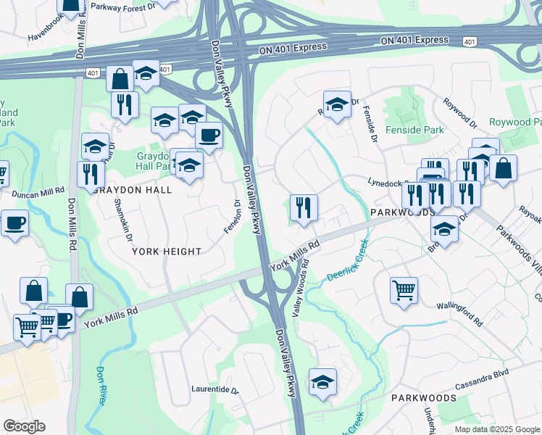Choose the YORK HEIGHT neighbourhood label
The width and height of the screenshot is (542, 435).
click(167, 252)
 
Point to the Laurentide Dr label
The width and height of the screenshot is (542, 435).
click(215, 389)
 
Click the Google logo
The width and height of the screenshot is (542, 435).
click(24, 426)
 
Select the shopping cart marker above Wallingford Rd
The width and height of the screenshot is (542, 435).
click(404, 291)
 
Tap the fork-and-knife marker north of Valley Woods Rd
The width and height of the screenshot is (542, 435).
click(304, 207)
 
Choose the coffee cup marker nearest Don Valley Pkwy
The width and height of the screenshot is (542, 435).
click(209, 135)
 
